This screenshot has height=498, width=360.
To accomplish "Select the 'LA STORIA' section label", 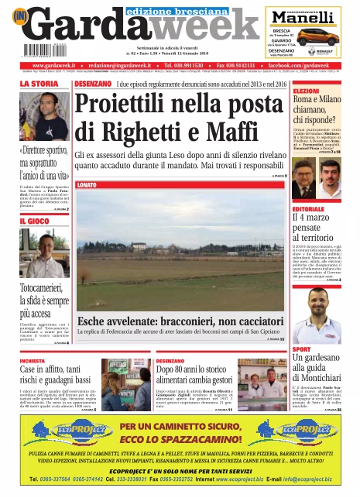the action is pos(38,84).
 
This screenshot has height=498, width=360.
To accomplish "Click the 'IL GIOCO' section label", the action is pos(34,222).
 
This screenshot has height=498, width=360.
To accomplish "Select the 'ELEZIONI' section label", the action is pos(306,91).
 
